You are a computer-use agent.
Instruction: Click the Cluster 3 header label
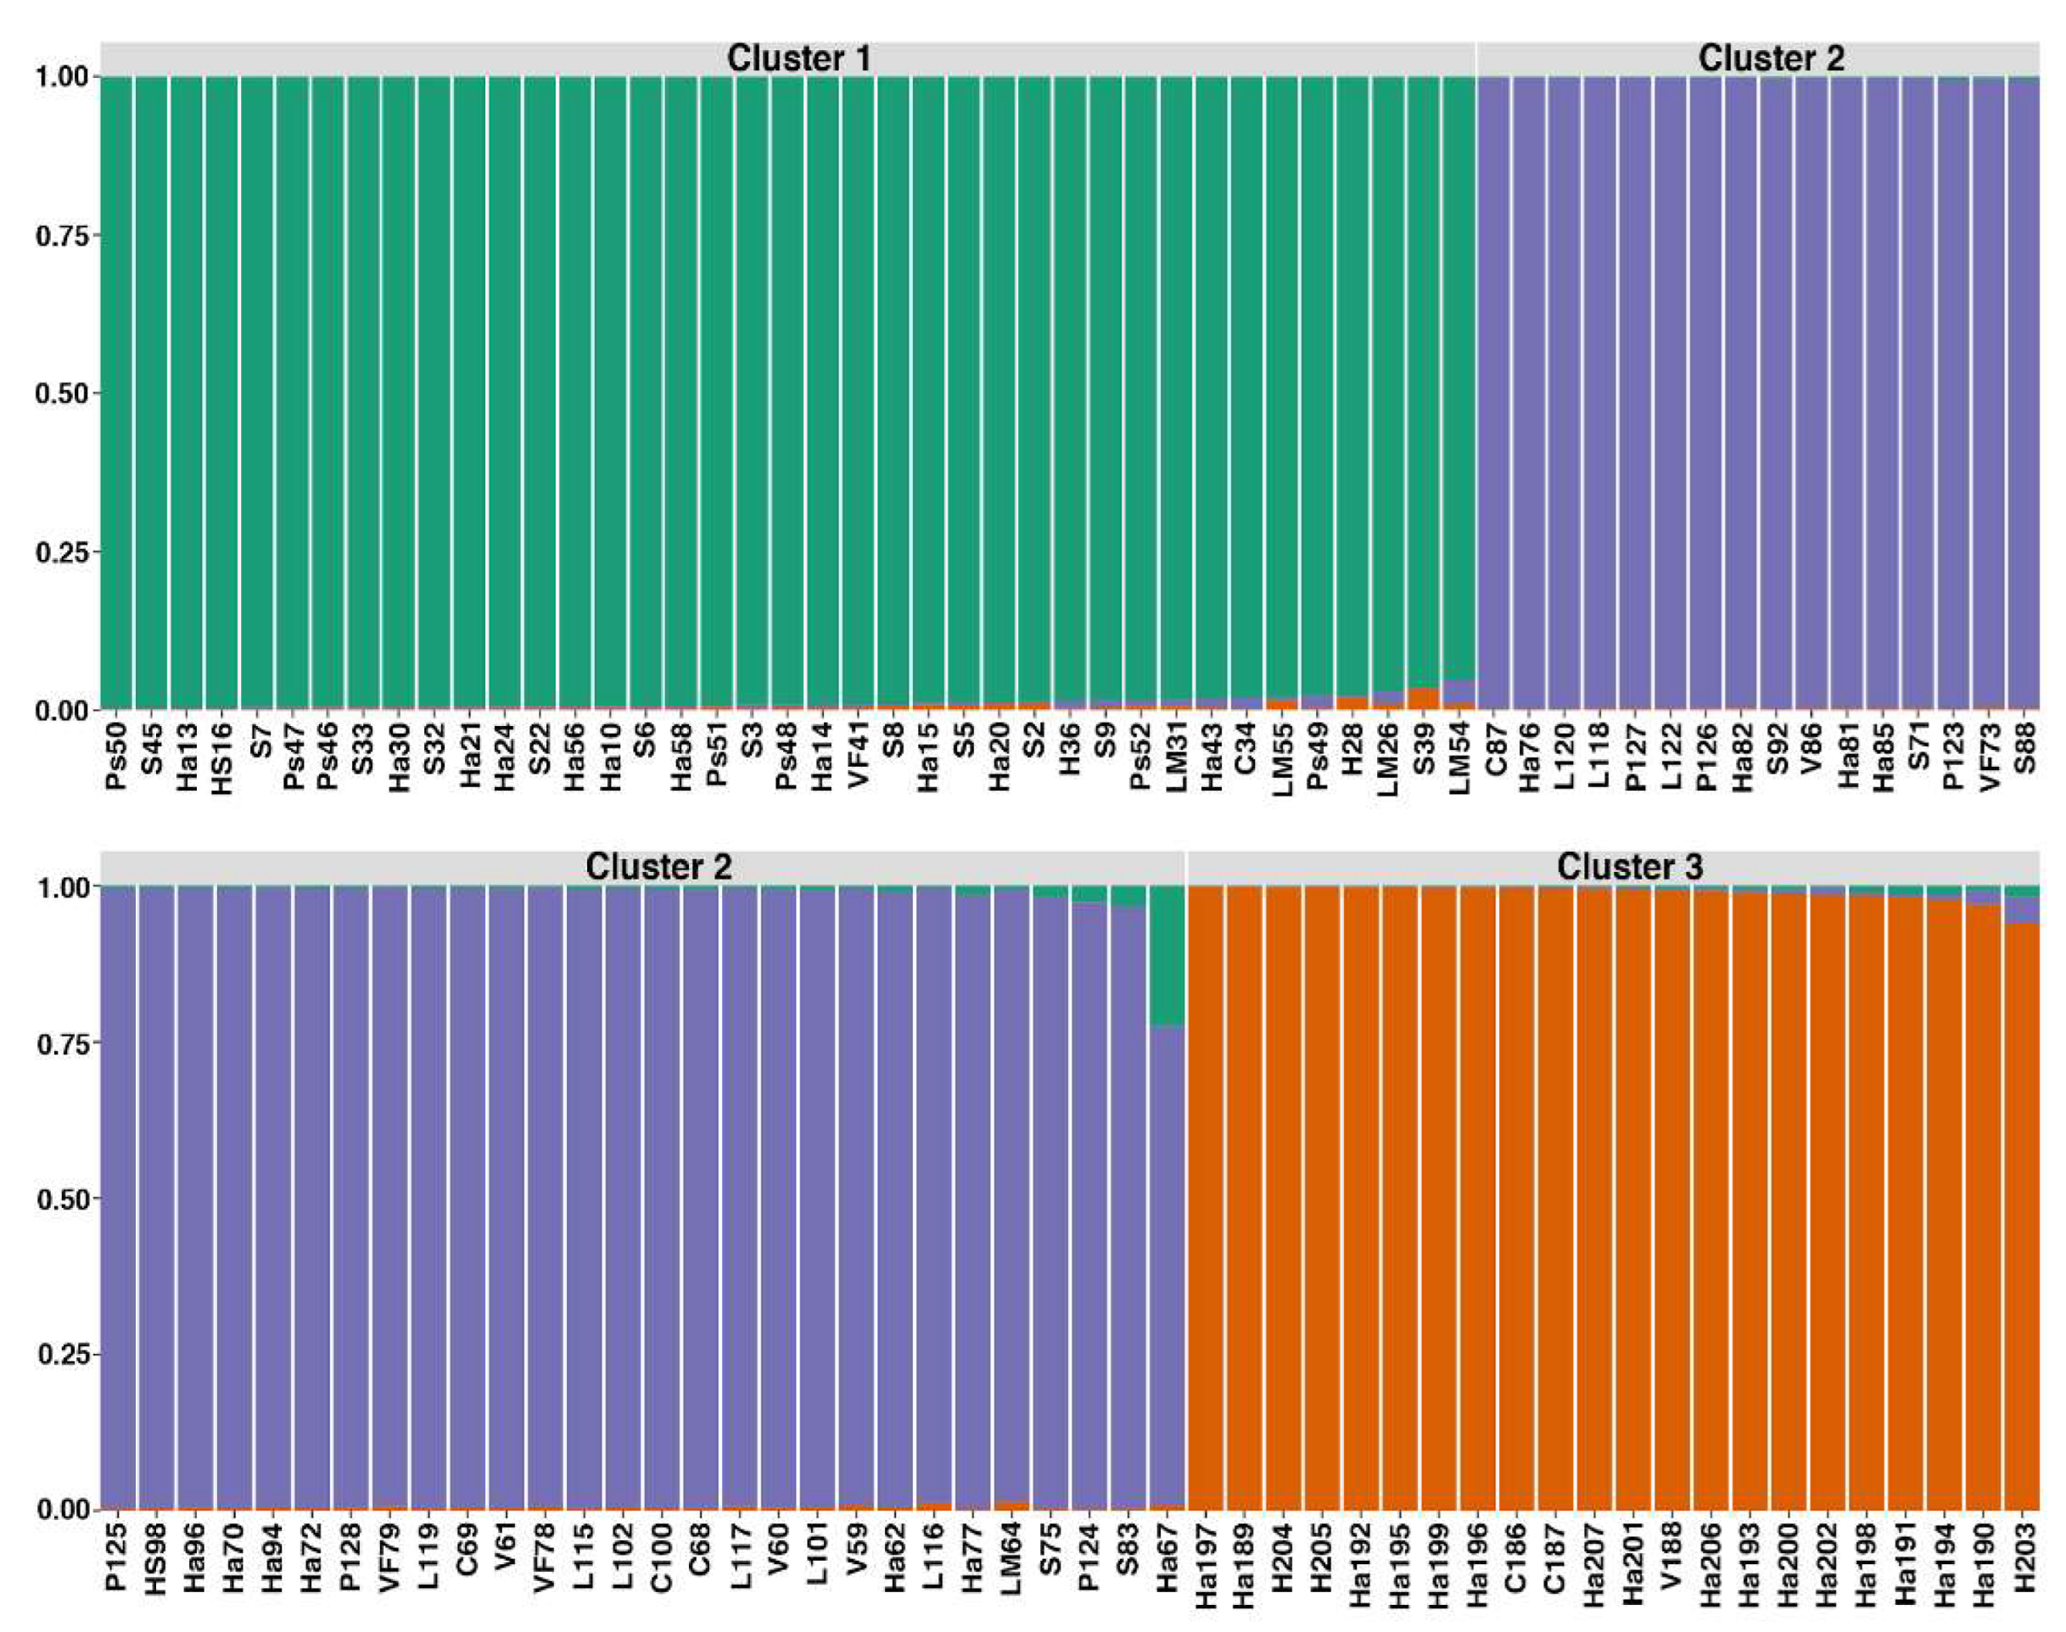[x=1629, y=867]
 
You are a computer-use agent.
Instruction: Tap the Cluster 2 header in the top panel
[x=1770, y=59]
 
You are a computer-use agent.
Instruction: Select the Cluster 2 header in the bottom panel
[x=658, y=867]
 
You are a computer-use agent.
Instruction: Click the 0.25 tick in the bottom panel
[x=68, y=1354]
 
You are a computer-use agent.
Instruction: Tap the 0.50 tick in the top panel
[x=68, y=394]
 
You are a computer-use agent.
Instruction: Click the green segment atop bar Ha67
[x=1167, y=955]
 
